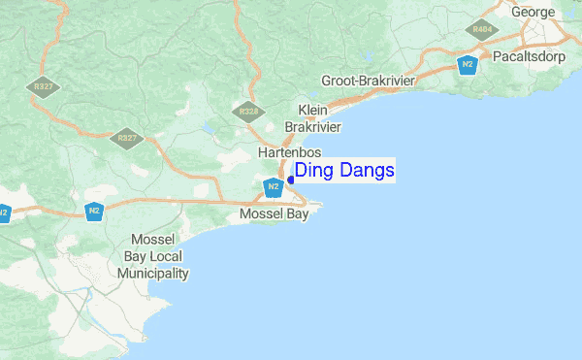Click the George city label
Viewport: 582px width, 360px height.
533,12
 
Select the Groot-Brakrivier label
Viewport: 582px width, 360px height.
367,82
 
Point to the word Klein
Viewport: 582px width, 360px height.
313,110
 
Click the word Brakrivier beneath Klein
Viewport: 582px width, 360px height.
313,126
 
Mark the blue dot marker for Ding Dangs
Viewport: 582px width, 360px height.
290,180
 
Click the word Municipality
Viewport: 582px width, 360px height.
152,274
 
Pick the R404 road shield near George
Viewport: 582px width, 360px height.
482,29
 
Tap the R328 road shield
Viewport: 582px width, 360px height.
248,112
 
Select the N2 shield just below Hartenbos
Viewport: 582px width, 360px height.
274,186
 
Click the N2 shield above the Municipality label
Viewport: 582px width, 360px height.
93,210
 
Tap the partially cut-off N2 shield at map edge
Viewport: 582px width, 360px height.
4,211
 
